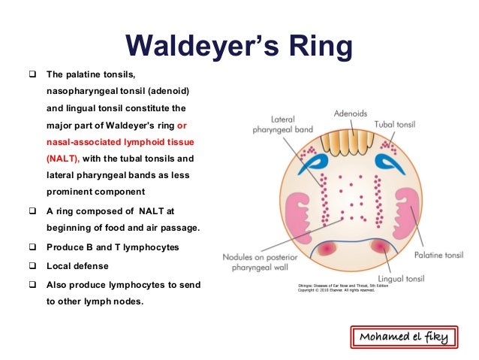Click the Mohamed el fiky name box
coord(402,337)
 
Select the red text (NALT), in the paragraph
coord(62,159)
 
